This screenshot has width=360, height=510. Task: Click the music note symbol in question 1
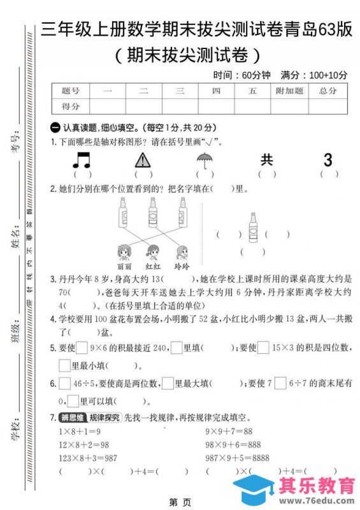[x=82, y=159]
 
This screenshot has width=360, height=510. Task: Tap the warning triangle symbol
[x=143, y=160]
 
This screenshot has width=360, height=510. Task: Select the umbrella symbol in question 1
[x=205, y=159]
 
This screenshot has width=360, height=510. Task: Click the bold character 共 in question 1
[x=266, y=159]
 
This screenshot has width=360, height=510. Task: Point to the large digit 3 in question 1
[x=328, y=159]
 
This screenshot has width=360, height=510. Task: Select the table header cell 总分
[x=328, y=91]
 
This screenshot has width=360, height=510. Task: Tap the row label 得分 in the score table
[x=71, y=106]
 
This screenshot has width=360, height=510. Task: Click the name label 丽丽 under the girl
[x=124, y=266]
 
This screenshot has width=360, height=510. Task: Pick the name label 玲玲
[x=182, y=266]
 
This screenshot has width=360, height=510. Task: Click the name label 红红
[x=153, y=266]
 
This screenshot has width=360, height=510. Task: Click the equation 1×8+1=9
[x=82, y=432]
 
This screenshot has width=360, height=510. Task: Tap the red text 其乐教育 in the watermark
[x=317, y=488]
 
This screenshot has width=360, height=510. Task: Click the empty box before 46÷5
[x=64, y=384]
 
